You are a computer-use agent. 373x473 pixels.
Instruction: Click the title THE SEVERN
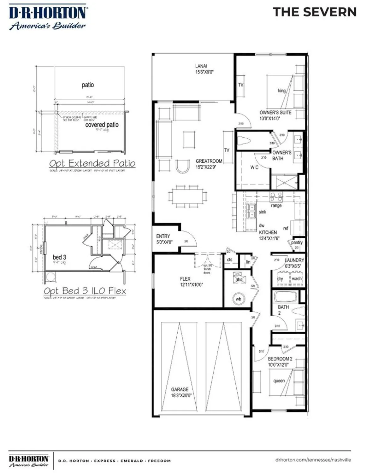point(315,12)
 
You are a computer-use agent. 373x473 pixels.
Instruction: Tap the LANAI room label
point(201,66)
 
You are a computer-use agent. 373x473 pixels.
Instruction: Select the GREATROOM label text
point(209,161)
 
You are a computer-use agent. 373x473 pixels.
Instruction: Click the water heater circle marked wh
point(239,299)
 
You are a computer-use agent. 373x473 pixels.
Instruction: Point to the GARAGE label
point(180,389)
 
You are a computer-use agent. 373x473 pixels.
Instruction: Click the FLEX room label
point(185,279)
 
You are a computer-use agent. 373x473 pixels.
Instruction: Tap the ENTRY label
point(163,236)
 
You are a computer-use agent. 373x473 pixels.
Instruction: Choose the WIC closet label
point(254,167)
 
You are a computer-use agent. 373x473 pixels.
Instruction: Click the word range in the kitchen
point(276,206)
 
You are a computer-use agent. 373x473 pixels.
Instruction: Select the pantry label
point(297,242)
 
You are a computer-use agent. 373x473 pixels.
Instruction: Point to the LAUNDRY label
point(294,260)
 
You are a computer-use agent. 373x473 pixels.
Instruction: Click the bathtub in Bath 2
point(286,297)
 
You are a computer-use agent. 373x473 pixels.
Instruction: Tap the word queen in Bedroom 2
point(279,381)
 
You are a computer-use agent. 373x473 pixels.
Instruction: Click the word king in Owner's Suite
point(281,91)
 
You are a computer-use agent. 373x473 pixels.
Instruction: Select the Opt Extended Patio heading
point(92,163)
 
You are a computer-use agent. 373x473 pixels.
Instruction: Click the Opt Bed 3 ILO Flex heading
point(85,291)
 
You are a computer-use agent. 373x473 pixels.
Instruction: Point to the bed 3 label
point(59,257)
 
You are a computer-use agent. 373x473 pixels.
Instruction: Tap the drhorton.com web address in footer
point(313,460)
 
